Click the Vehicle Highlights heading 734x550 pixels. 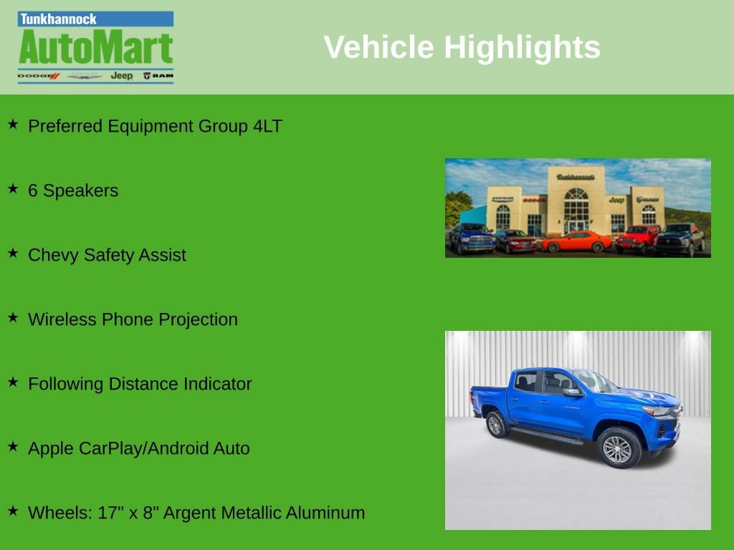tap(462, 47)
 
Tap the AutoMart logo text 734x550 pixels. tap(95, 49)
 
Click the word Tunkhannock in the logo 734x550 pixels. tap(58, 19)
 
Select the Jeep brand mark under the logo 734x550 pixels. tap(121, 75)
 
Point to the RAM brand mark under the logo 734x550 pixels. tap(158, 75)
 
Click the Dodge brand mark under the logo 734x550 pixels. tap(38, 75)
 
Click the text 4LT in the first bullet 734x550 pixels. tap(267, 126)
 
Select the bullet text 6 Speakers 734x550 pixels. tap(72, 190)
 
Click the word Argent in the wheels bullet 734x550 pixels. tap(189, 513)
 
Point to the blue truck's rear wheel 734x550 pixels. tap(495, 424)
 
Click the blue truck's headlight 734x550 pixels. tap(658, 411)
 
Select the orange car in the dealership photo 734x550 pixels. tap(576, 241)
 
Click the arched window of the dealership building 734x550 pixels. tap(576, 204)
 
